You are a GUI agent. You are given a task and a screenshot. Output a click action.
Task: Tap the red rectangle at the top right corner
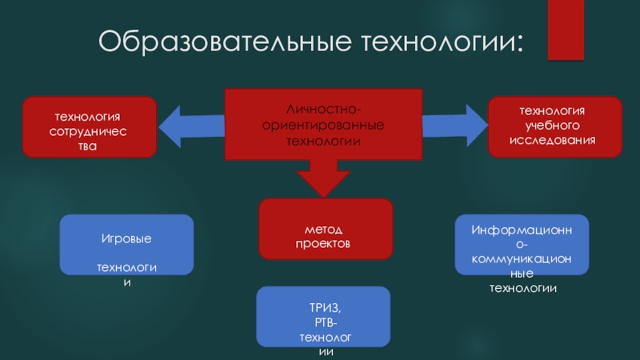(566, 30)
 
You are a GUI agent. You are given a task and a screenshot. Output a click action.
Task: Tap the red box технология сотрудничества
(89, 127)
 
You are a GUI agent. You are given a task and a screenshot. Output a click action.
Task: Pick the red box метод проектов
(325, 229)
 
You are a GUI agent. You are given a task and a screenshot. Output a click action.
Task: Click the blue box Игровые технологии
(127, 245)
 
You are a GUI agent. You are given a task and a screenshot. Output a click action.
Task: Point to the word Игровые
(127, 239)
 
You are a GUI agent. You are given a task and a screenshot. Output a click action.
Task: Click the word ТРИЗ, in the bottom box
(324, 307)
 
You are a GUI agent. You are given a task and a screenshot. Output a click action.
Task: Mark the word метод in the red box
(325, 229)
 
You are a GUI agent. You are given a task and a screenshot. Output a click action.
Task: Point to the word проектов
(324, 242)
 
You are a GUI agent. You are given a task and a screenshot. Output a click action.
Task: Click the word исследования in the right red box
(554, 140)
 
